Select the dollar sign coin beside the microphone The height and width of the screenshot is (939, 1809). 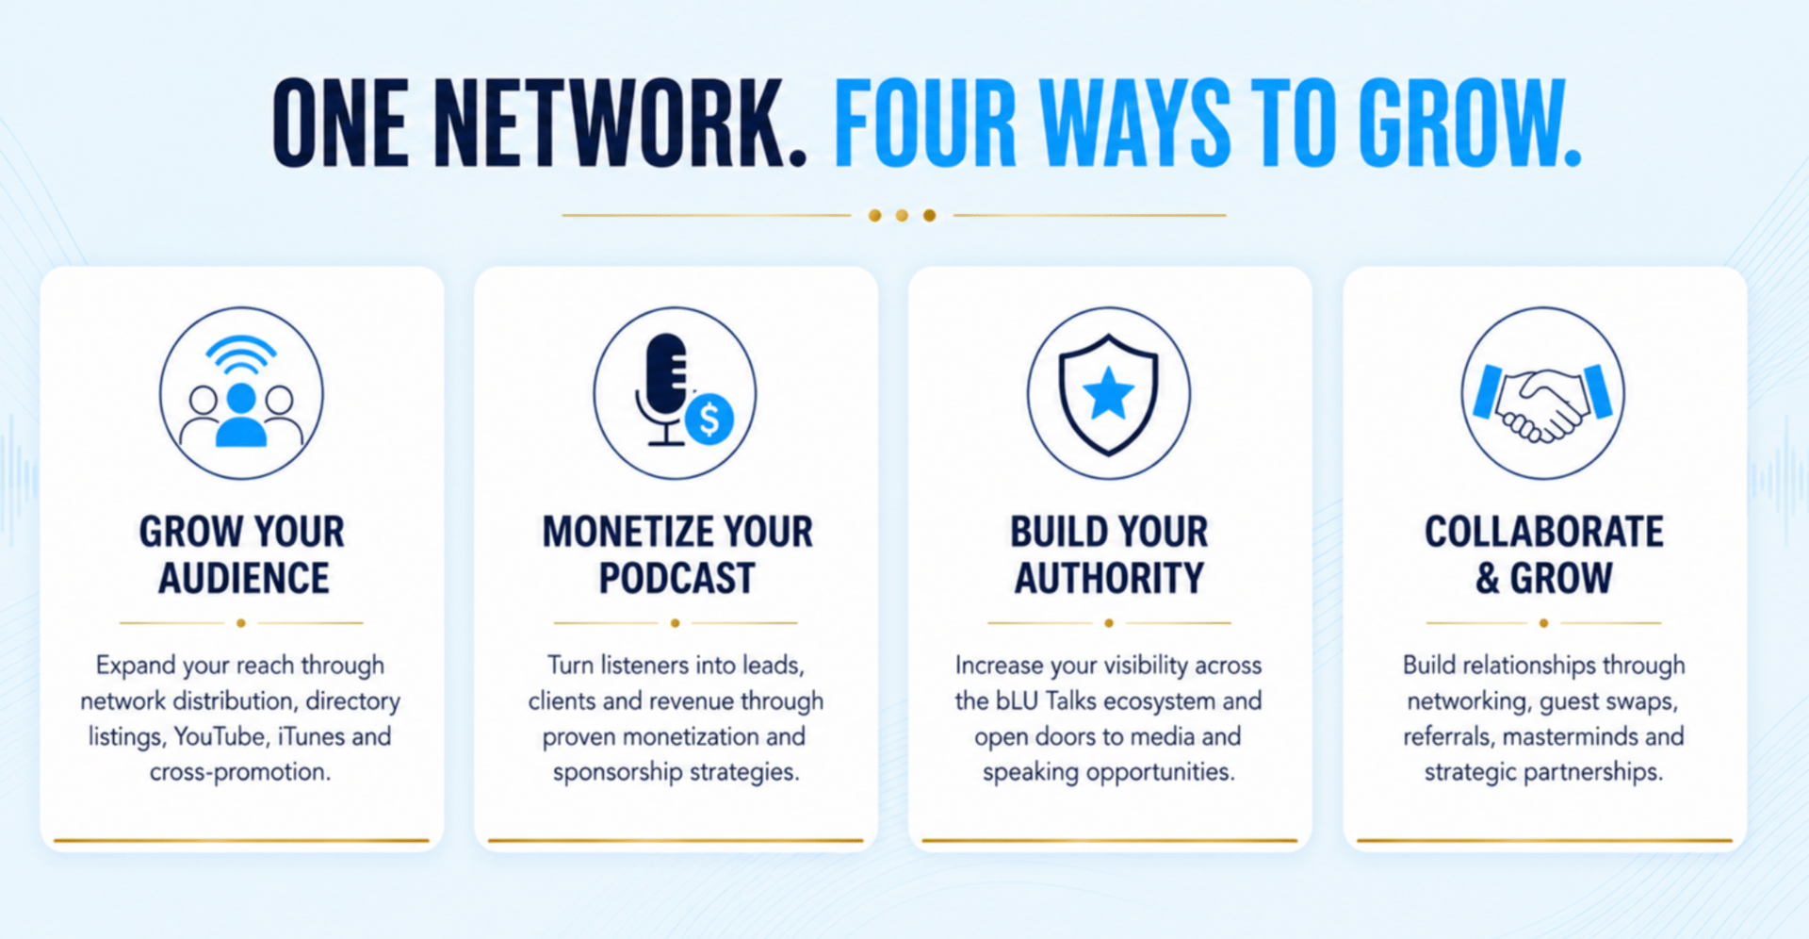click(709, 420)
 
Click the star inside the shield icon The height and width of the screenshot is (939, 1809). click(1108, 393)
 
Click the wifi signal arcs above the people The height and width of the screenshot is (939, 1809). click(241, 356)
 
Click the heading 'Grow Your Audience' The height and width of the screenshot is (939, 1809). click(242, 555)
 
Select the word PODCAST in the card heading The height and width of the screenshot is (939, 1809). click(676, 578)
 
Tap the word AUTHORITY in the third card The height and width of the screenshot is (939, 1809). click(1109, 578)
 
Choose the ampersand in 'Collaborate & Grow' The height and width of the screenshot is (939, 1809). click(1488, 578)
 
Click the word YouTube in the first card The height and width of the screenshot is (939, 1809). click(220, 736)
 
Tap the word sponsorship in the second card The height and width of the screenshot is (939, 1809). click(617, 773)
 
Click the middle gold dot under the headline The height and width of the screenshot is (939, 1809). click(902, 216)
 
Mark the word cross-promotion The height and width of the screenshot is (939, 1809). click(240, 773)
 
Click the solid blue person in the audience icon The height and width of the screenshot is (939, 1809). click(241, 414)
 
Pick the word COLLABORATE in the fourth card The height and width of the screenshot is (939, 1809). click(1543, 532)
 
